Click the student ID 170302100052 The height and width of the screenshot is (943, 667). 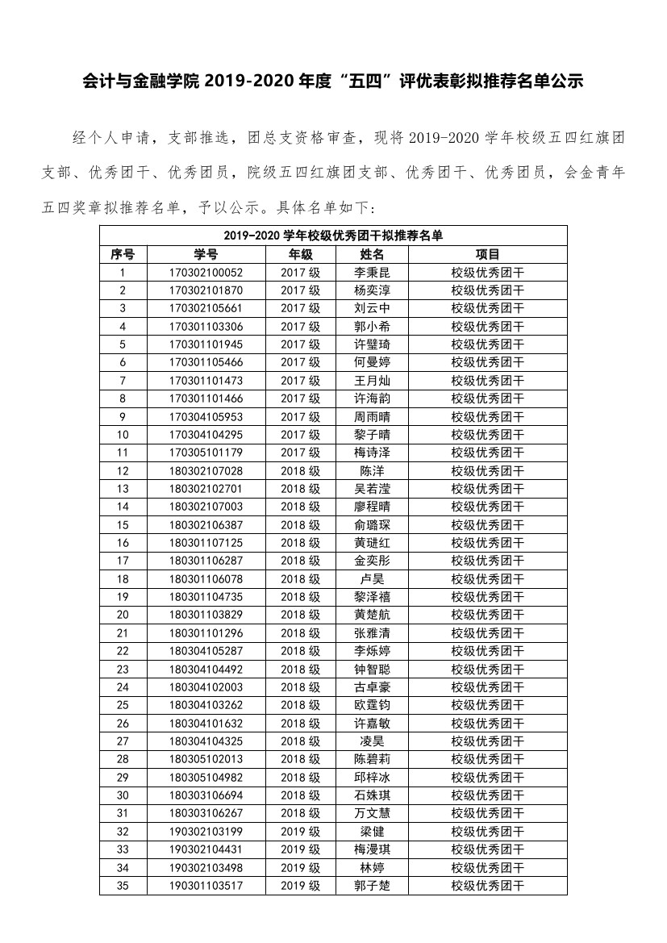(206, 273)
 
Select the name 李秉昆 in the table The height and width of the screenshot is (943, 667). (372, 273)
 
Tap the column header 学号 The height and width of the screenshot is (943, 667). (206, 254)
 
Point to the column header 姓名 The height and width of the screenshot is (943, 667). (372, 254)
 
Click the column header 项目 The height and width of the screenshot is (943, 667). (487, 254)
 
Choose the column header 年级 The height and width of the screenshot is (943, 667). (300, 254)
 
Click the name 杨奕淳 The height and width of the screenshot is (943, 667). (372, 290)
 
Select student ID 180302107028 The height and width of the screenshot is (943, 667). (206, 470)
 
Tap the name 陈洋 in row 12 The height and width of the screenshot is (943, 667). (372, 470)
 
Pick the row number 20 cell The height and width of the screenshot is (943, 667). (123, 615)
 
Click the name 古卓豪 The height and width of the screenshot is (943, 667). (372, 687)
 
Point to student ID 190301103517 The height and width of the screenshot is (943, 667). (206, 886)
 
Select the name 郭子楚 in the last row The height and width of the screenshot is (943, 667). (372, 886)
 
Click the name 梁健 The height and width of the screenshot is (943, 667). (372, 832)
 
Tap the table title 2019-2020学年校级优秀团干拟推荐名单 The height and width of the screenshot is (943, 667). (333, 236)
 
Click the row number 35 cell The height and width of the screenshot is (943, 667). (123, 886)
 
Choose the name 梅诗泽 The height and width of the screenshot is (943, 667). (372, 453)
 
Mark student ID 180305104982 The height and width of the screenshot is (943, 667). (206, 777)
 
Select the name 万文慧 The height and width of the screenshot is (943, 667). (372, 813)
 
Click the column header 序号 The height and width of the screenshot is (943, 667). (123, 254)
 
